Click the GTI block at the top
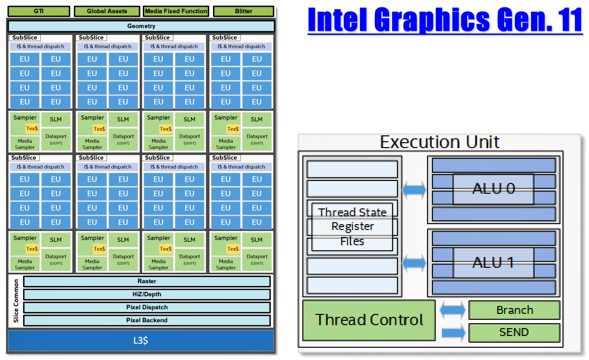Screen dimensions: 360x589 [38, 11]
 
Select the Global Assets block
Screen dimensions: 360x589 [107, 11]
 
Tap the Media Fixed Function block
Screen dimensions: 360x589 [176, 11]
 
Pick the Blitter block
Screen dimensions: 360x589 [243, 11]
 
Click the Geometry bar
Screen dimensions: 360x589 [141, 26]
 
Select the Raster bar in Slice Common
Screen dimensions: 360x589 [147, 282]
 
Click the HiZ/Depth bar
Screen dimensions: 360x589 [147, 294]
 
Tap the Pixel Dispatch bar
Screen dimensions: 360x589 [147, 308]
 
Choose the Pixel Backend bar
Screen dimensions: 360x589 [147, 320]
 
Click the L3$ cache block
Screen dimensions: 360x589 [141, 340]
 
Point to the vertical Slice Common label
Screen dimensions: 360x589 [16, 301]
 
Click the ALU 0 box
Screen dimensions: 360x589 [493, 189]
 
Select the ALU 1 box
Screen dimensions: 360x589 [493, 262]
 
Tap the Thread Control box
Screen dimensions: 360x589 [369, 320]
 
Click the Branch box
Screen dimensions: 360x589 [514, 310]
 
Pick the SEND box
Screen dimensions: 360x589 [514, 333]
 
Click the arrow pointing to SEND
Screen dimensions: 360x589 [453, 333]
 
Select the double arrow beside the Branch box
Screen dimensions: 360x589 [453, 310]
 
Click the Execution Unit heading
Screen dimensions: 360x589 [440, 142]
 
